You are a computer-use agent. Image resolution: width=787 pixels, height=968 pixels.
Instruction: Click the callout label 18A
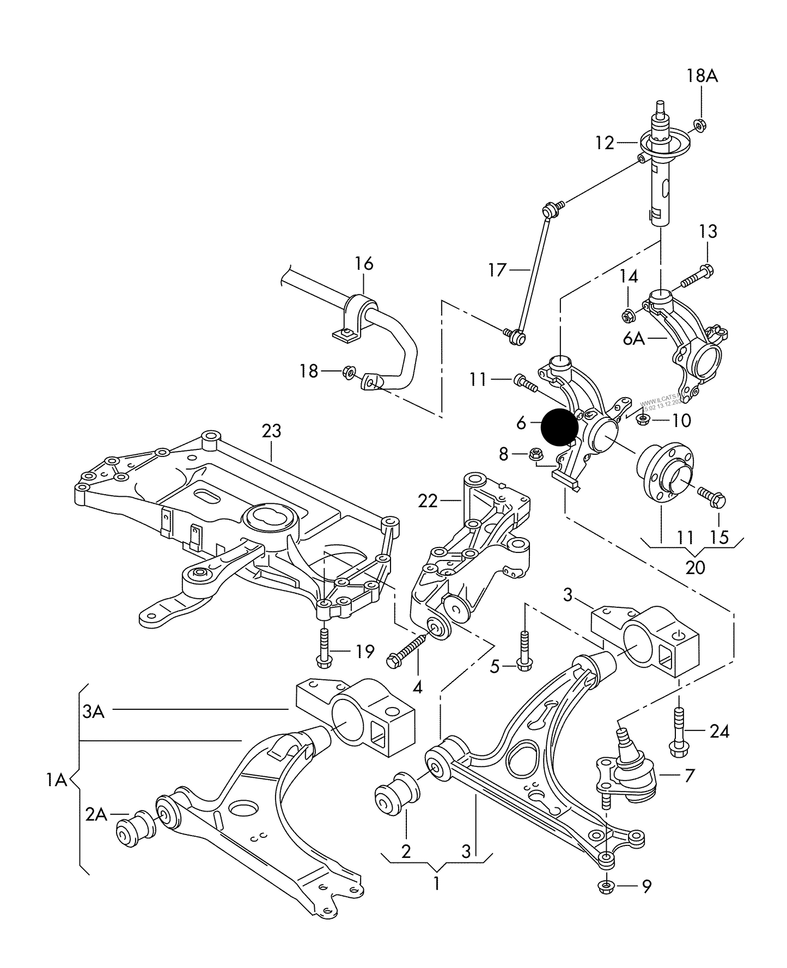coord(701,76)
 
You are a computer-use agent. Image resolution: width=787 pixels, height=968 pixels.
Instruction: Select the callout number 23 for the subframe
coord(271,431)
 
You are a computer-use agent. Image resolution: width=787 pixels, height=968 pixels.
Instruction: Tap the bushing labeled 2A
coord(135,829)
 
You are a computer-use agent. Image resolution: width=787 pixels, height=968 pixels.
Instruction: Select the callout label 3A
coord(93,711)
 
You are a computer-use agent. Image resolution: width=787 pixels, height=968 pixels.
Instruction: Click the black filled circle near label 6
coord(559,427)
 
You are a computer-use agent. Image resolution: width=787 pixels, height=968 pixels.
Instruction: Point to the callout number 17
coord(497,270)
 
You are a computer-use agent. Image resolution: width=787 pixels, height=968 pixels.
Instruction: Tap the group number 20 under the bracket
coord(695,567)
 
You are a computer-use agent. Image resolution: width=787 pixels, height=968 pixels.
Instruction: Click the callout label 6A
coord(634,339)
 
